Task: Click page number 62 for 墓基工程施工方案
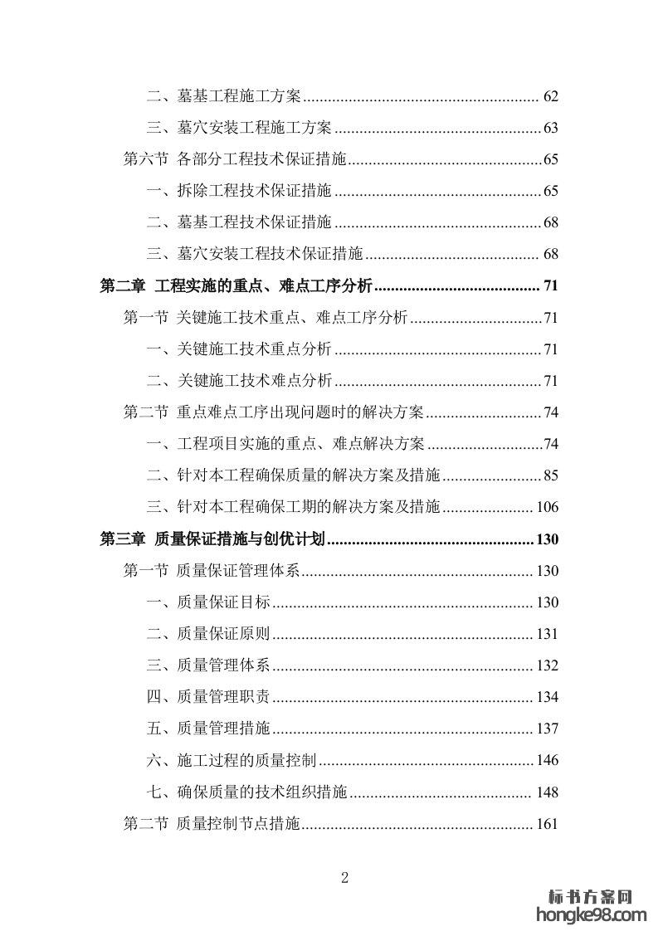pos(551,96)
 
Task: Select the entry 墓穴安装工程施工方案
pos(255,128)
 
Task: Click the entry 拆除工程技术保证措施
pos(255,191)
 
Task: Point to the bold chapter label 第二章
pos(122,286)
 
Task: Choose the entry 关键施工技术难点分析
pos(255,381)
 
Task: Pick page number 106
pos(548,507)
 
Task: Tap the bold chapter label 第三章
pos(122,539)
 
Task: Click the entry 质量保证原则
pos(223,634)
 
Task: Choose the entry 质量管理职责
pos(223,697)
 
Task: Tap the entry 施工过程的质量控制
pos(247,760)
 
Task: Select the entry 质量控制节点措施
pos(238,824)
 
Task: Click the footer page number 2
pos(345,878)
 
